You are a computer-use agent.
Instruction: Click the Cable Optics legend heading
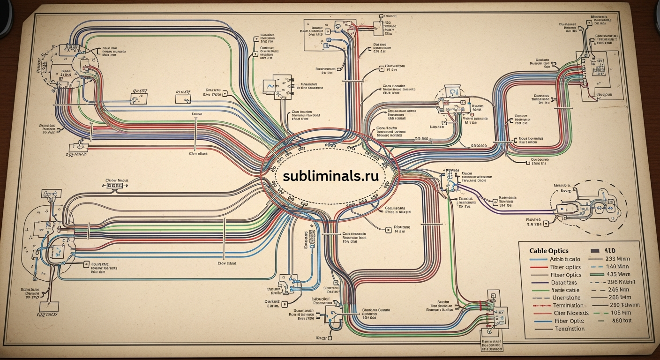click(549, 251)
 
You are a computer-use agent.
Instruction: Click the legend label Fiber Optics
click(565, 267)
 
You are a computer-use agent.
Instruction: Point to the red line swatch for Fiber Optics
click(539, 267)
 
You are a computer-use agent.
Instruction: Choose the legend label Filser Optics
click(566, 275)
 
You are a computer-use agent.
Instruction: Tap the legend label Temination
click(568, 306)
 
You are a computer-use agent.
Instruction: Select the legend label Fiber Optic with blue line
click(569, 321)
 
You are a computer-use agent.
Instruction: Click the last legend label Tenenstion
click(570, 329)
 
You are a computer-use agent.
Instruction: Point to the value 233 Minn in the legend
click(618, 259)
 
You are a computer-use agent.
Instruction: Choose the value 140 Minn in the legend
click(618, 267)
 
